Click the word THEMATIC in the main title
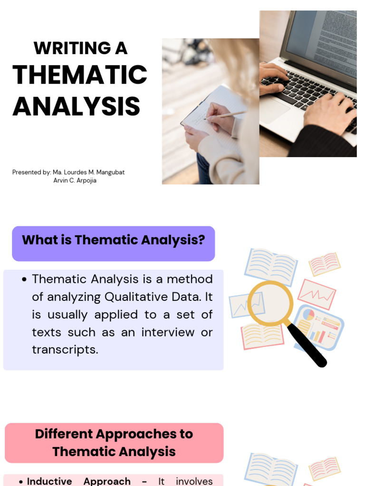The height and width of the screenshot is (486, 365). [x=80, y=75]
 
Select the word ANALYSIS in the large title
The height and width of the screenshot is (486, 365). [x=76, y=106]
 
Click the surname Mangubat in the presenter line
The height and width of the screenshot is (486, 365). [x=110, y=172]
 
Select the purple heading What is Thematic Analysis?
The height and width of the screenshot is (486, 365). [x=113, y=240]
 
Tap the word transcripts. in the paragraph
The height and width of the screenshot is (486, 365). [x=65, y=350]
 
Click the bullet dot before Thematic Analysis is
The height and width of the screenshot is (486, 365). [x=24, y=280]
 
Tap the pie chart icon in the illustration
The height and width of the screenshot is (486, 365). [x=308, y=315]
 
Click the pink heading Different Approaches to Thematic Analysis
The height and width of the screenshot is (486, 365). [x=114, y=443]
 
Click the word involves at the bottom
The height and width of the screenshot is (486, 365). [x=194, y=481]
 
